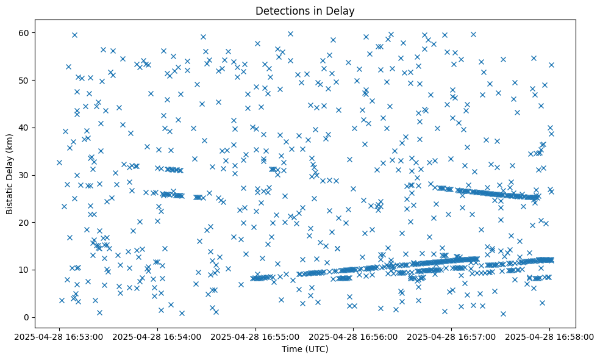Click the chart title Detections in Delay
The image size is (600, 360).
click(x=305, y=11)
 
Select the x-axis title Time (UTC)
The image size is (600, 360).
click(x=305, y=349)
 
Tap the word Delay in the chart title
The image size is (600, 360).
click(x=342, y=11)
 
